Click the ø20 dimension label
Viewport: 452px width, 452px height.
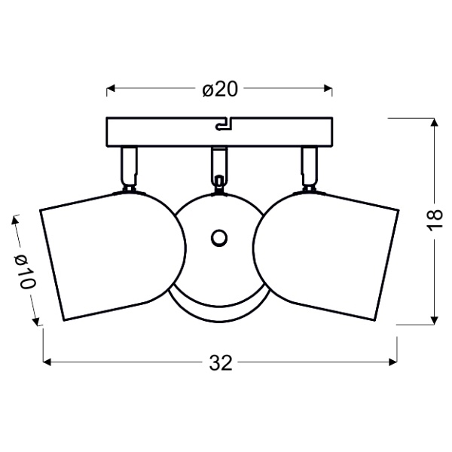pyautogui.click(x=220, y=89)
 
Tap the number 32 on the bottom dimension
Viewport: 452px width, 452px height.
pyautogui.click(x=219, y=363)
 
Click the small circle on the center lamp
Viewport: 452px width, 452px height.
pyautogui.click(x=219, y=238)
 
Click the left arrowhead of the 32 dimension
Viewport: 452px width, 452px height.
pyautogui.click(x=47, y=363)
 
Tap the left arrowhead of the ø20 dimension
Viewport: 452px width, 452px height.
pyautogui.click(x=110, y=89)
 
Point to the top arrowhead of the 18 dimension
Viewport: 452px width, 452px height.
pyautogui.click(x=435, y=122)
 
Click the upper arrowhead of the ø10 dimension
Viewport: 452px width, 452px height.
pyautogui.click(x=15, y=221)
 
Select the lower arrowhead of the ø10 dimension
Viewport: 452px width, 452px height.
pyautogui.click(x=36, y=322)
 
